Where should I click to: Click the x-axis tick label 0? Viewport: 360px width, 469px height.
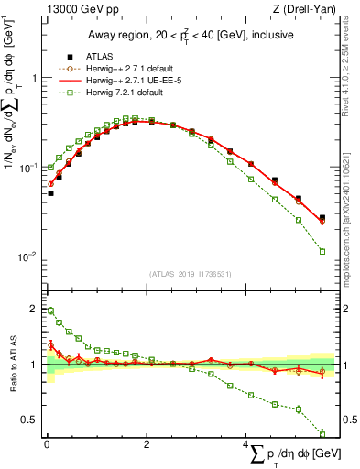click(47, 445)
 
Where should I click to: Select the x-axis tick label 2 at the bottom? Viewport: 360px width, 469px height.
click(147, 445)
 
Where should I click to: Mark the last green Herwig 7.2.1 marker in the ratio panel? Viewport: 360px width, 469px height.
click(322, 433)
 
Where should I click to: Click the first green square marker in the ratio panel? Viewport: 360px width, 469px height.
click(50, 311)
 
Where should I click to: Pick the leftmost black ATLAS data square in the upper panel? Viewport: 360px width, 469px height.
click(50, 193)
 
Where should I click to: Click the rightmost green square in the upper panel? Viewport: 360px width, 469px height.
click(322, 251)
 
